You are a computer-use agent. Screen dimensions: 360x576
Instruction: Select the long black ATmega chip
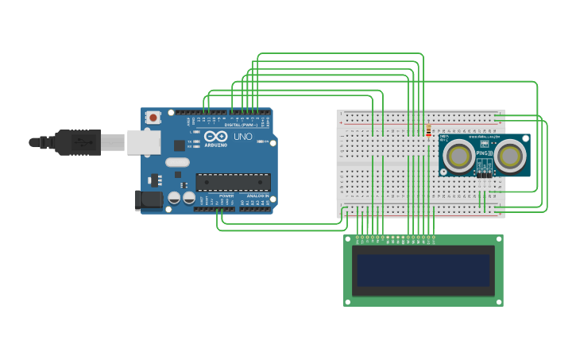click(x=233, y=182)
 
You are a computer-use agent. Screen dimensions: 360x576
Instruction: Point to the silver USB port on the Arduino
click(x=144, y=141)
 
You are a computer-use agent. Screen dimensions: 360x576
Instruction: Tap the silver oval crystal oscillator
click(x=177, y=163)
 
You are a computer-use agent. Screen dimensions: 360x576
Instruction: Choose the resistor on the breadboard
click(x=429, y=130)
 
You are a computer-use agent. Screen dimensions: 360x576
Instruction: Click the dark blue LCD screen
click(x=423, y=270)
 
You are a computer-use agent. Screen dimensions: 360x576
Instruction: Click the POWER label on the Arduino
click(x=226, y=195)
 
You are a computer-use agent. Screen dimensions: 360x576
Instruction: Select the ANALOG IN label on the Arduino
click(x=257, y=195)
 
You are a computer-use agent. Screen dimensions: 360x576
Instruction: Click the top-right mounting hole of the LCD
click(x=497, y=239)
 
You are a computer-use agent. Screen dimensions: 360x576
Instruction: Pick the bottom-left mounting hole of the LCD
click(x=348, y=301)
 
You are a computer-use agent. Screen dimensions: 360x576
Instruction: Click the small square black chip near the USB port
click(x=180, y=145)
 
